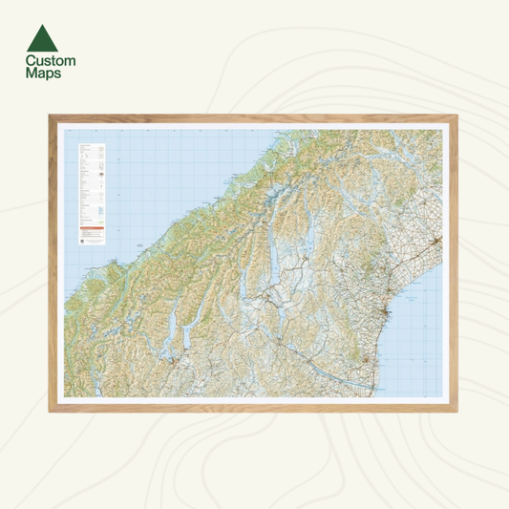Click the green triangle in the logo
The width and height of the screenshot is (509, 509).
(43, 38)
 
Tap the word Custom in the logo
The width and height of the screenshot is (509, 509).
(51, 60)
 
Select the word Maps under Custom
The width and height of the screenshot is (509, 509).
(44, 73)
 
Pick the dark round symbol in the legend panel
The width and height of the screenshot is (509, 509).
(82, 241)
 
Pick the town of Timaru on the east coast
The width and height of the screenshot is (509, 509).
(384, 315)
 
